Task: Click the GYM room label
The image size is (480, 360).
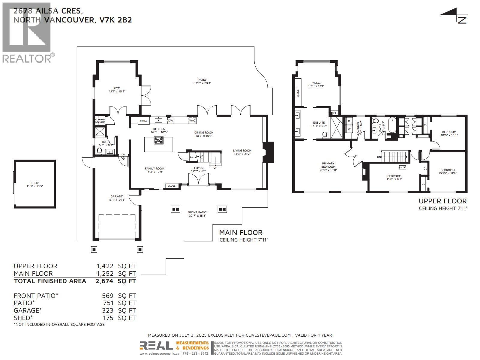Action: tap(117, 88)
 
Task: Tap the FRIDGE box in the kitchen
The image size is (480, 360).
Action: tap(144, 121)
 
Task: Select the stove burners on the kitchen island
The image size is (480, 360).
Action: tap(158, 140)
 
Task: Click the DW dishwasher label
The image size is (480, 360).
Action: tap(170, 121)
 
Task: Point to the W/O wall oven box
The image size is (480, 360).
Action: tap(192, 121)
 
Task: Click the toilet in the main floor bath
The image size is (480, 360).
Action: tap(100, 151)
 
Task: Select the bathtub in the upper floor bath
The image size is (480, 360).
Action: tap(392, 125)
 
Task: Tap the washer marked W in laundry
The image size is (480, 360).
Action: tap(349, 129)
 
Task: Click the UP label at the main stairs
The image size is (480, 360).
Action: tap(215, 168)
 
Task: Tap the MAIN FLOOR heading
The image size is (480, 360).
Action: tap(241, 232)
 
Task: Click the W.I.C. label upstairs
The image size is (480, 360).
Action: tap(316, 82)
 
